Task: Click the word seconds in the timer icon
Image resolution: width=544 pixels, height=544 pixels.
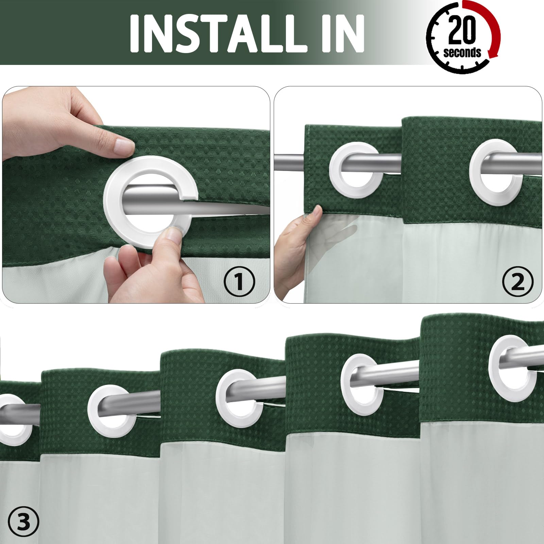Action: click(x=462, y=52)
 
